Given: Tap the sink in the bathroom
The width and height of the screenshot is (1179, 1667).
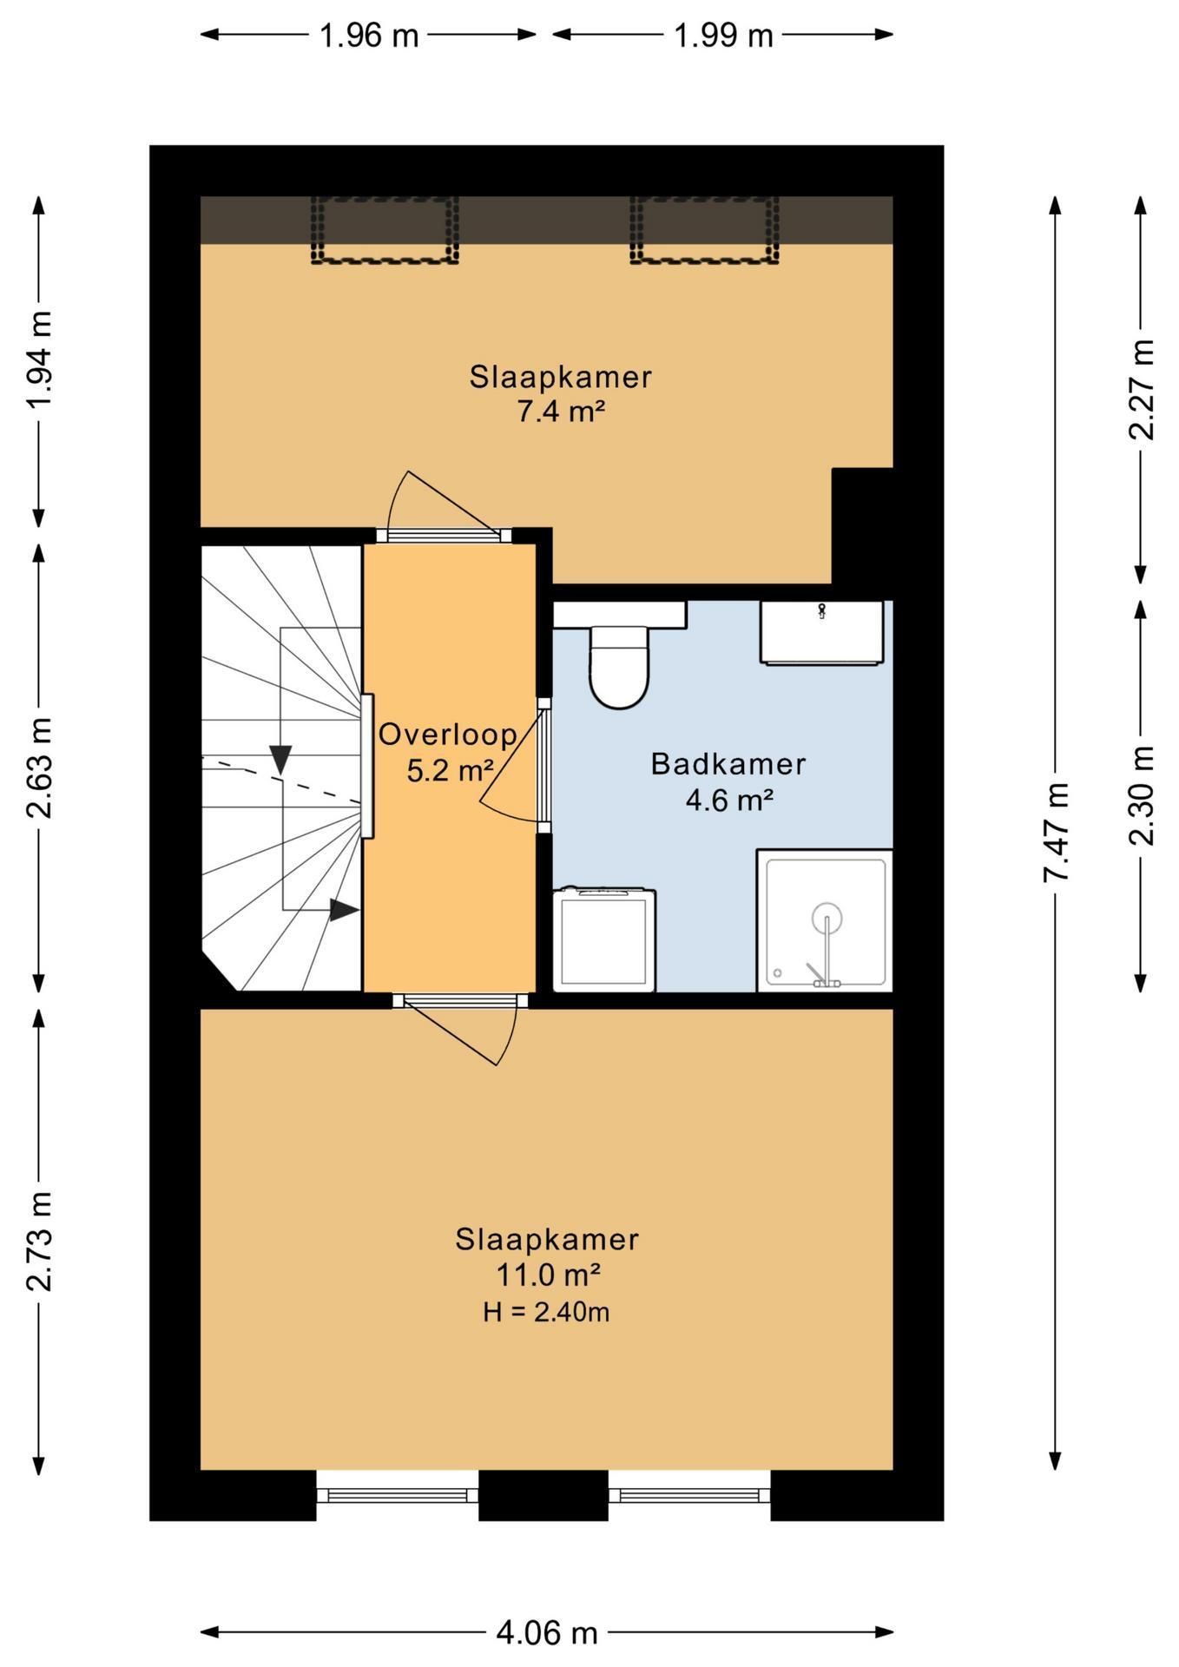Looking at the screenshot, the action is (x=822, y=633).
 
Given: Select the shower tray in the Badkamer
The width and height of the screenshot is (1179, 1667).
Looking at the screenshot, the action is (x=825, y=920).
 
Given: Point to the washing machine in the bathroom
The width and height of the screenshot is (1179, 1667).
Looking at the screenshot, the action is (x=604, y=939).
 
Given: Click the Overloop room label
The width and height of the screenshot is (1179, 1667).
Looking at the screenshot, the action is (x=448, y=735).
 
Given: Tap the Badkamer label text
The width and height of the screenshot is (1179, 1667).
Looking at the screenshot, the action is (x=728, y=764).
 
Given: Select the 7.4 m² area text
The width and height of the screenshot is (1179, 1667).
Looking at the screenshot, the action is (x=561, y=412).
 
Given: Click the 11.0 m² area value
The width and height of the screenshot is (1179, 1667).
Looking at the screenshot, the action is (x=548, y=1275).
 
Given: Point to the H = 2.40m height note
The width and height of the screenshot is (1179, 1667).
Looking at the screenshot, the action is (x=546, y=1311).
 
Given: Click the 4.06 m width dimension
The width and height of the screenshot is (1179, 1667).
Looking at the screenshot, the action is (x=547, y=1632).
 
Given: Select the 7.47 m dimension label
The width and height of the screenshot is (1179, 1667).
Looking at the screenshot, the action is (x=1056, y=832).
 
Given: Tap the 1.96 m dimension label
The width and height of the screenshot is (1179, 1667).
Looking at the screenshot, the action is (x=369, y=36).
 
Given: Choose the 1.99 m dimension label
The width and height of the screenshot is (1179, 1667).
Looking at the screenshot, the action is (x=723, y=36).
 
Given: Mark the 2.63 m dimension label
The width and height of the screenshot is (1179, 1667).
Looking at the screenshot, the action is (x=39, y=768).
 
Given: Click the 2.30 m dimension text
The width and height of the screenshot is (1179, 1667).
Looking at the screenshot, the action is (x=1142, y=795).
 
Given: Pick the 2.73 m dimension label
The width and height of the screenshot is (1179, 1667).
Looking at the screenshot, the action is (x=39, y=1241).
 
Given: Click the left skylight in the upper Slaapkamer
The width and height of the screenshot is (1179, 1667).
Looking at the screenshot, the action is (x=385, y=229).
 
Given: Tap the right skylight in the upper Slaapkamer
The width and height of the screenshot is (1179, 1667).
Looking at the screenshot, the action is (x=704, y=229).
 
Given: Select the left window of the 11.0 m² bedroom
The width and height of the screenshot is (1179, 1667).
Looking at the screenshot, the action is (x=397, y=1495).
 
